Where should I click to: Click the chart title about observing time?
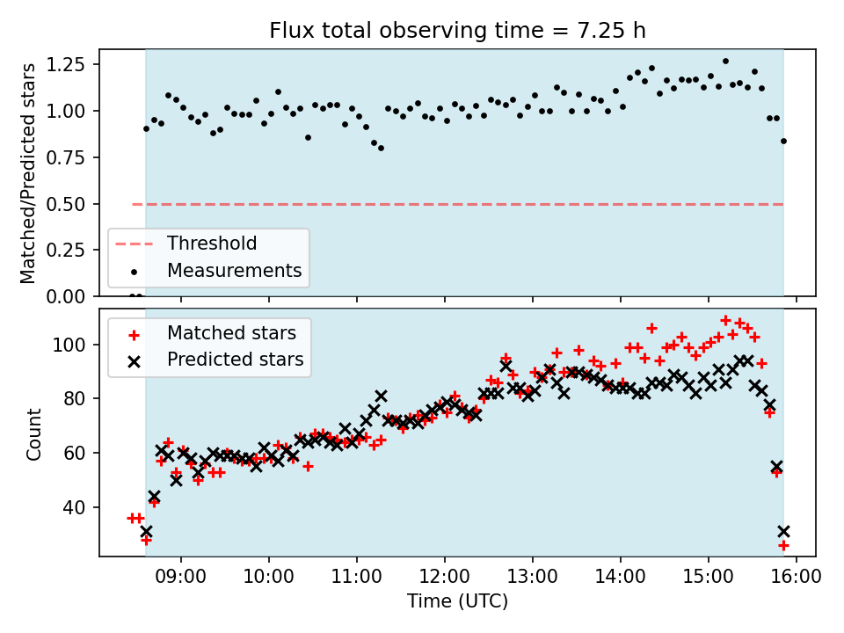coord(456,32)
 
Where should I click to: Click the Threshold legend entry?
coord(212,244)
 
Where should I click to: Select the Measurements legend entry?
coord(234,270)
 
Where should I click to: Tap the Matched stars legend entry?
coord(231,333)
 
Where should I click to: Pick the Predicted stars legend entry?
coord(235,359)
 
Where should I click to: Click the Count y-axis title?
coord(34,433)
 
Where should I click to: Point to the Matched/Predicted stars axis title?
coord(29,173)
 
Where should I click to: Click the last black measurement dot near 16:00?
coord(783,141)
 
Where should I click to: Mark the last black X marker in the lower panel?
coord(783,531)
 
